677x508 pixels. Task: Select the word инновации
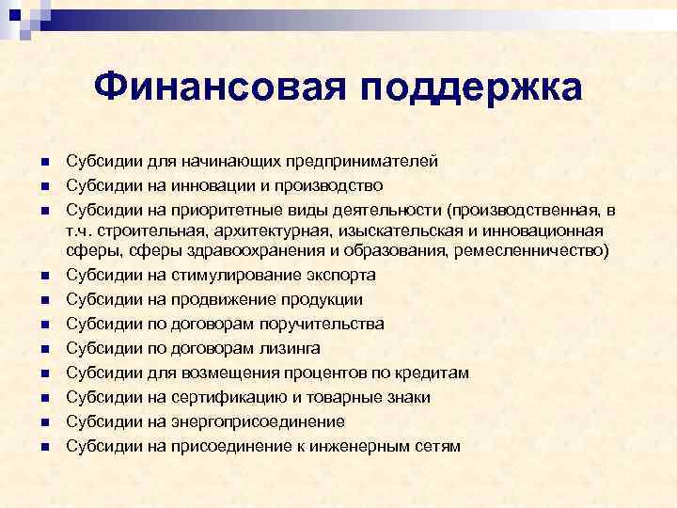click(x=213, y=184)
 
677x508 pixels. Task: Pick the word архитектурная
click(x=280, y=230)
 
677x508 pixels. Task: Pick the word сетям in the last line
click(x=438, y=446)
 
